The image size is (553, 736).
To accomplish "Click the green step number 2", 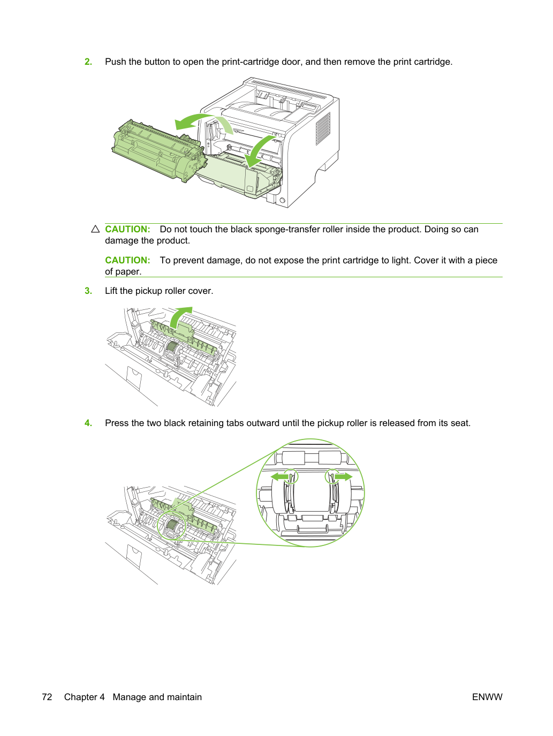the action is (x=88, y=62).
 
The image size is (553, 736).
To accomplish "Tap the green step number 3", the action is (x=88, y=291).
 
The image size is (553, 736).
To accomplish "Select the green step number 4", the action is (x=88, y=423).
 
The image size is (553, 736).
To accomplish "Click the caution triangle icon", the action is (x=96, y=229).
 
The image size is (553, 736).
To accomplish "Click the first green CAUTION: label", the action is (x=128, y=229).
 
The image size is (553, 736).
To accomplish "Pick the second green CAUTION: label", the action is (x=128, y=260).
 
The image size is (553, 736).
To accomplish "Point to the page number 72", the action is (x=47, y=697).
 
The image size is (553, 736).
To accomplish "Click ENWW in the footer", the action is (x=487, y=697).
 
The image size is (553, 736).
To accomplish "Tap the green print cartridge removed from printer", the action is (x=157, y=151).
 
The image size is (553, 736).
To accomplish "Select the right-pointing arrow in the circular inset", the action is (x=343, y=476).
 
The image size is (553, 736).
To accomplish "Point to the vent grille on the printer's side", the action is (x=323, y=129).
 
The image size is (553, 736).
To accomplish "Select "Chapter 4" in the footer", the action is (x=85, y=697).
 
